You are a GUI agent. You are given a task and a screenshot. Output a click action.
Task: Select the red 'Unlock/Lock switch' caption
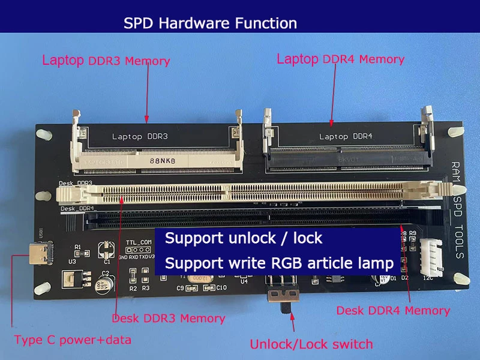[311, 344]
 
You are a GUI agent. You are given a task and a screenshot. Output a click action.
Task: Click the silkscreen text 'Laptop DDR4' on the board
[346, 137]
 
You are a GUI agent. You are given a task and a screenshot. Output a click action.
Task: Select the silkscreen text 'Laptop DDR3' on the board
[140, 137]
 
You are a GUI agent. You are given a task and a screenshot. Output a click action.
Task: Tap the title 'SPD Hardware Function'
[210, 23]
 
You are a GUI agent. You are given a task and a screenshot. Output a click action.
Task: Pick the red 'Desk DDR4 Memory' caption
[393, 310]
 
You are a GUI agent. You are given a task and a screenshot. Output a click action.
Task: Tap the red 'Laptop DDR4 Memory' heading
[340, 59]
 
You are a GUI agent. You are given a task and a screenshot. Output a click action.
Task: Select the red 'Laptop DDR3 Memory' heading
[106, 61]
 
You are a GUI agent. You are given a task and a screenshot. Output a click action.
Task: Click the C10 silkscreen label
[221, 288]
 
